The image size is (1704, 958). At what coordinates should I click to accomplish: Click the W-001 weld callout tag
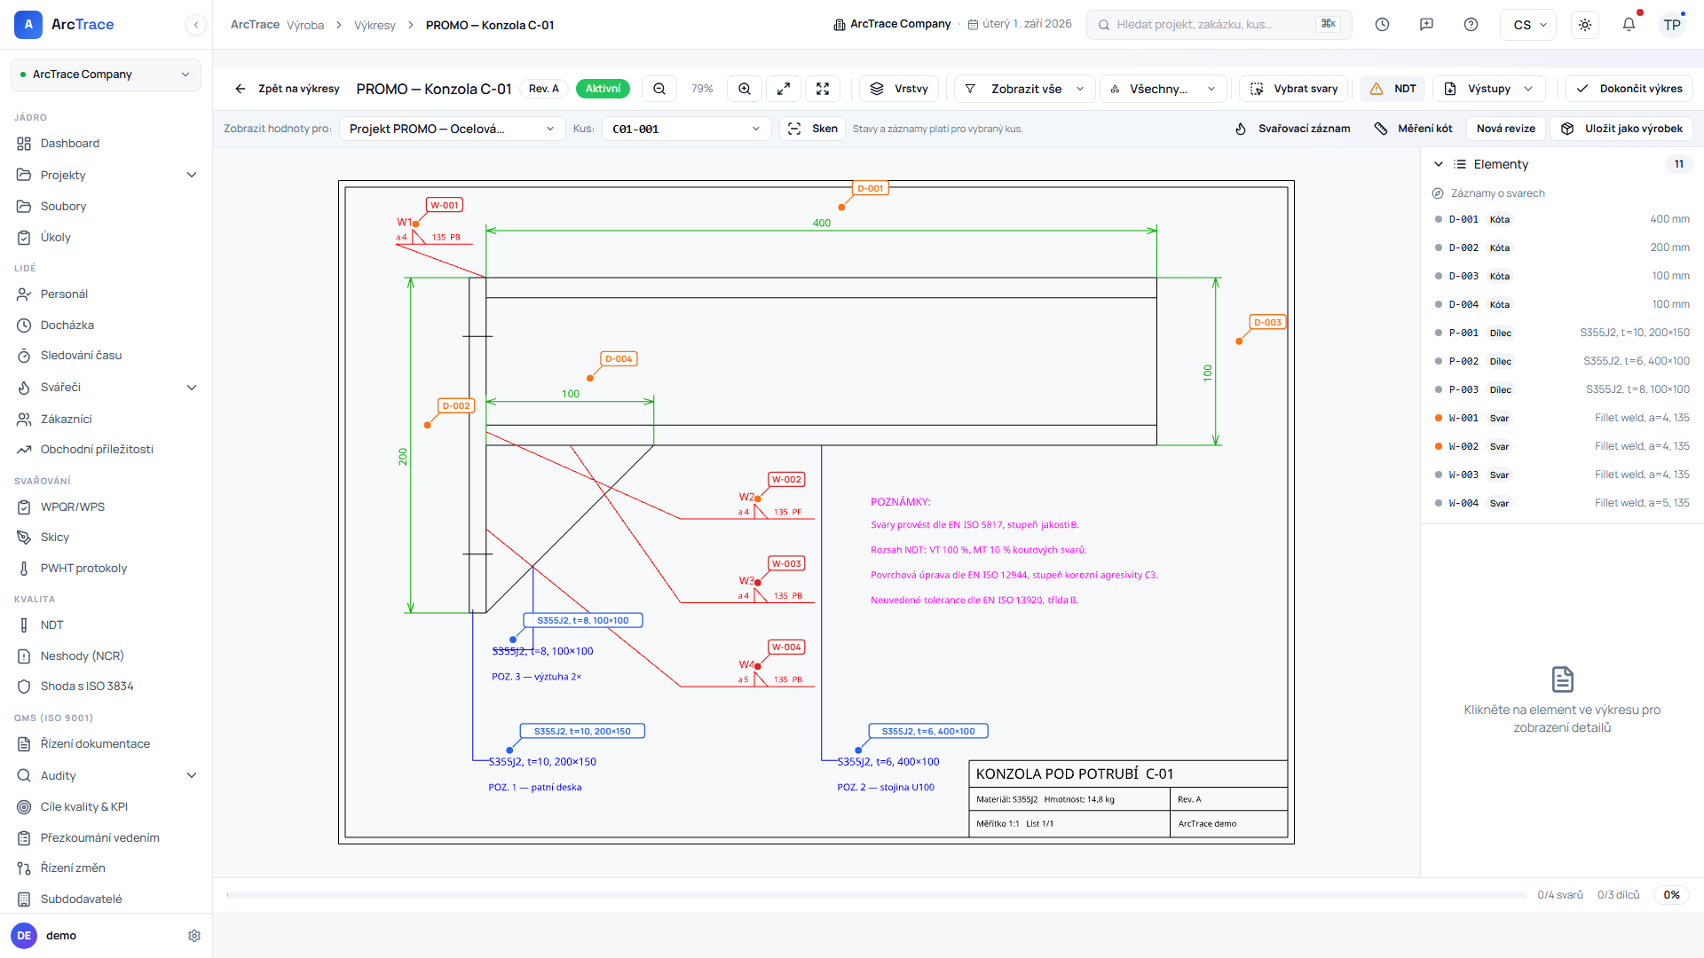click(445, 205)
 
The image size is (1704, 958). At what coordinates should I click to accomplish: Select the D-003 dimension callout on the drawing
click(1267, 322)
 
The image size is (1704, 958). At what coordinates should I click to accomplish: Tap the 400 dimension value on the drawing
click(822, 223)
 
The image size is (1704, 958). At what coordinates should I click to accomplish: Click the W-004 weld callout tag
click(786, 647)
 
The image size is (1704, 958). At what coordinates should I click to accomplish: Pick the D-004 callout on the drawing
click(619, 358)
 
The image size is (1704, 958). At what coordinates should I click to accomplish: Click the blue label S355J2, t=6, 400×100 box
click(928, 731)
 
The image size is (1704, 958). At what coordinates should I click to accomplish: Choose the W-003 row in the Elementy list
click(1562, 475)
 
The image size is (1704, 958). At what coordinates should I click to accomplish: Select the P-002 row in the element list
click(1562, 361)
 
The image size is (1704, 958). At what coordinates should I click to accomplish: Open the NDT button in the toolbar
click(1393, 89)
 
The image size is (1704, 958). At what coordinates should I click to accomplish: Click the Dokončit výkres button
click(1629, 89)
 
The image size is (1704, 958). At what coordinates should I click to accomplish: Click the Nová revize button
click(1506, 129)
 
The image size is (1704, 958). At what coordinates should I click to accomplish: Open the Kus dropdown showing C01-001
click(687, 129)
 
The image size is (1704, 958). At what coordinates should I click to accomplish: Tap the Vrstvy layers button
click(900, 89)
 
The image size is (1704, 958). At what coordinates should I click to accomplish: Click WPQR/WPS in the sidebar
click(73, 506)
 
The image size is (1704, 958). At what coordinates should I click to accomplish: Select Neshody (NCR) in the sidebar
click(82, 656)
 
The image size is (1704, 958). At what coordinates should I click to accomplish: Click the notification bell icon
click(1629, 25)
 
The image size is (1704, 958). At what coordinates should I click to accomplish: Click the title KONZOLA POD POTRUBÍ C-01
click(1075, 773)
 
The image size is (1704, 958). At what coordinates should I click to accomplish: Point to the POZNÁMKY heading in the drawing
click(901, 502)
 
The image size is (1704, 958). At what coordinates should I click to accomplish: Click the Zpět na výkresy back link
click(288, 89)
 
